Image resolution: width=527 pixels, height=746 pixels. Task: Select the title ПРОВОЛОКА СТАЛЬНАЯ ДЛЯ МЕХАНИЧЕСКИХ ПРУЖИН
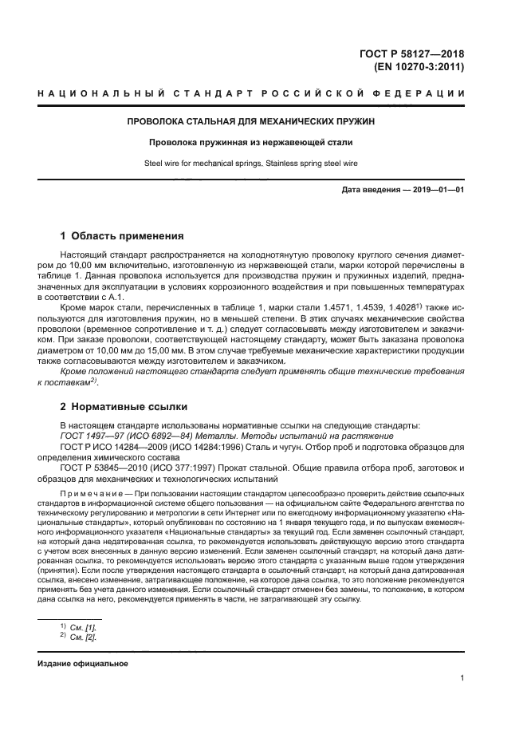(251, 121)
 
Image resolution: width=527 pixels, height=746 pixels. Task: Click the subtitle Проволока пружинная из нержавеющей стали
(251, 143)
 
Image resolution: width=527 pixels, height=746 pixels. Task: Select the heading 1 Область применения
(122, 236)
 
